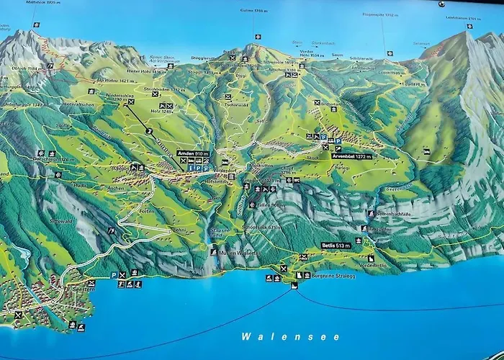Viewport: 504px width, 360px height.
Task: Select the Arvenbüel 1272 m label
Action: pos(351,156)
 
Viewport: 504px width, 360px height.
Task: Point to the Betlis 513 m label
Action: pos(336,245)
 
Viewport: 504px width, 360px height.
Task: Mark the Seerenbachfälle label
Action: pos(392,214)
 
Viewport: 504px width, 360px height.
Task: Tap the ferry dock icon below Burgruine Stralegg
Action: pos(294,286)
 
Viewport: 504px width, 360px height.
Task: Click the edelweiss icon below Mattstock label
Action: pos(36,24)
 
